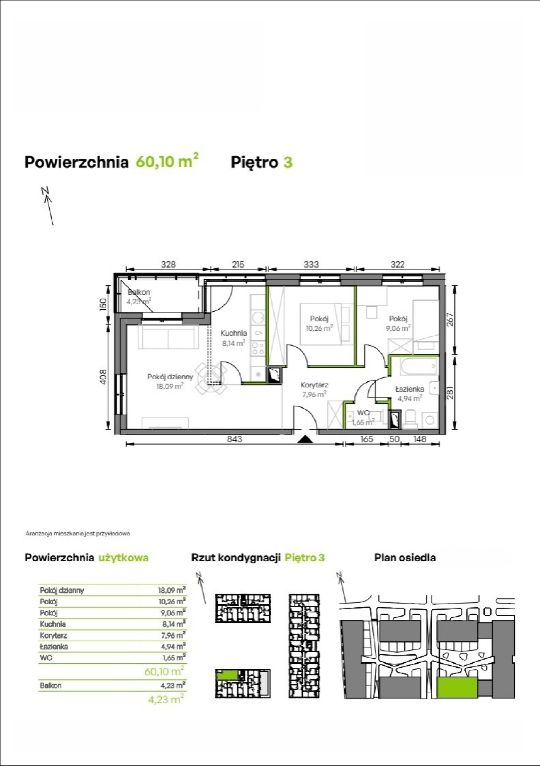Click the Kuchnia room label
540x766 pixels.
pos(234,333)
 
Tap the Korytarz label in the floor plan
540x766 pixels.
pos(314,385)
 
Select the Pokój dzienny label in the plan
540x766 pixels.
pos(170,377)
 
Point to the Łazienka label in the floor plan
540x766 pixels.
pos(409,389)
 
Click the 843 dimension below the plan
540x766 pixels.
pos(235,439)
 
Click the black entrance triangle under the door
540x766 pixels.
pos(305,439)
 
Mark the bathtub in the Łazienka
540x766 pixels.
pos(418,366)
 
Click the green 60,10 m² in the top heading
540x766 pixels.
pos(167,161)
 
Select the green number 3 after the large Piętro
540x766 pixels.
pos(288,162)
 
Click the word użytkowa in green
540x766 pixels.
pos(123,557)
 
